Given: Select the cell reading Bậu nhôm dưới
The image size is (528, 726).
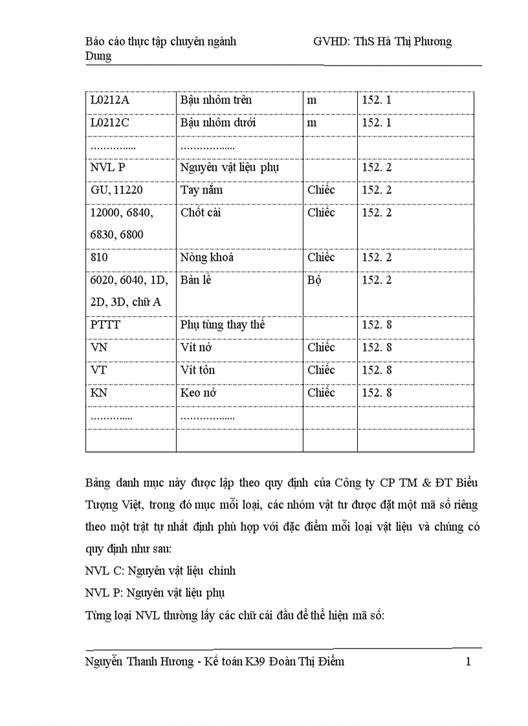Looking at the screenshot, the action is [x=217, y=123].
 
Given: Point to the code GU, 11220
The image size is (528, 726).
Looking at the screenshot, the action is [x=117, y=191].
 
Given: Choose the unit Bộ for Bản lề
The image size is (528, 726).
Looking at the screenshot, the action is [x=315, y=281].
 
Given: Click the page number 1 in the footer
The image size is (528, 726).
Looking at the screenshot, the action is [x=468, y=661].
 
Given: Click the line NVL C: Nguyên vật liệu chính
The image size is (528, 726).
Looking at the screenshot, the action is [x=160, y=571].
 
